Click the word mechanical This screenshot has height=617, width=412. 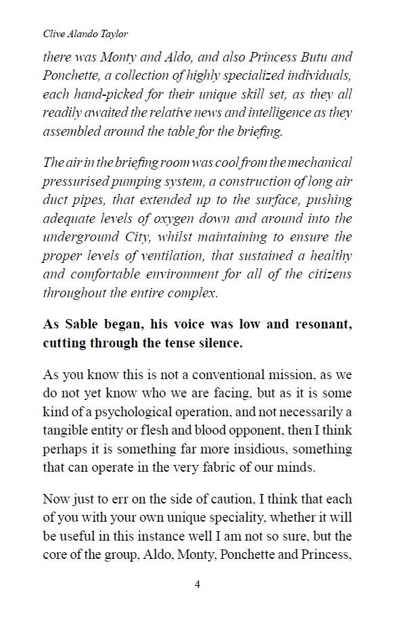320,163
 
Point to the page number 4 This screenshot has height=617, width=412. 198,585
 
